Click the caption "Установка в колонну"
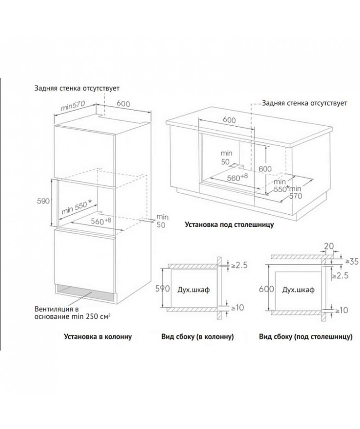[98, 336]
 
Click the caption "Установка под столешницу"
[229, 225]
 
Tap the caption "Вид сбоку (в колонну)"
[197, 336]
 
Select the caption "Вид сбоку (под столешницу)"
[305, 336]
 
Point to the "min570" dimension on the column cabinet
[73, 105]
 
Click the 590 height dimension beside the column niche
[43, 201]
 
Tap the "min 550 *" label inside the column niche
[77, 207]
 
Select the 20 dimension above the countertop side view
[329, 246]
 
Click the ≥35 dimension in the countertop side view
[352, 262]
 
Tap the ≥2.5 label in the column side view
[239, 265]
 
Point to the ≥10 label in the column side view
[237, 308]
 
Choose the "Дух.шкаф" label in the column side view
[194, 290]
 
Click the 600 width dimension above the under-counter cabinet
[229, 120]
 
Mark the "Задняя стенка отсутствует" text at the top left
[77, 89]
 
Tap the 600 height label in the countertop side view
[266, 289]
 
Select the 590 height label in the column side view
[163, 289]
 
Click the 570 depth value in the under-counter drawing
[296, 196]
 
